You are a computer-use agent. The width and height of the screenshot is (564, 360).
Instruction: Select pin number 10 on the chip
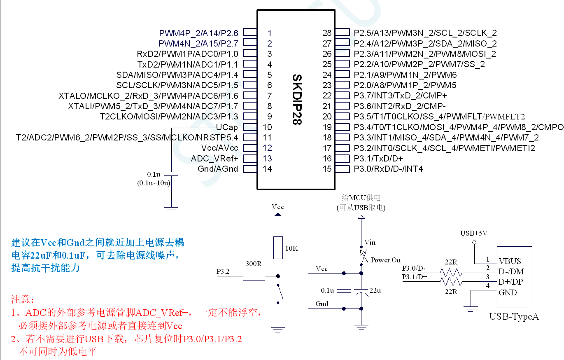point(267,127)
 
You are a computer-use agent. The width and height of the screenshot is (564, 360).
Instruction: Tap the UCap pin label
point(227,127)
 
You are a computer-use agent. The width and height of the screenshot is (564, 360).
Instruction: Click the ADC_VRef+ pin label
point(214,159)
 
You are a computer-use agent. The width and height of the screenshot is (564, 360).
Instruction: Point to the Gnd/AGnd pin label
point(218,169)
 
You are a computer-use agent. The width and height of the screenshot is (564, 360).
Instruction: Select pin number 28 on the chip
point(327,33)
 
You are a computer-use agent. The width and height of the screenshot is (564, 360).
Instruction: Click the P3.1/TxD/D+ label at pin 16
point(378,159)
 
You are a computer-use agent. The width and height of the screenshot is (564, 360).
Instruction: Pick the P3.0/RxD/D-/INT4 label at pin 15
point(388,169)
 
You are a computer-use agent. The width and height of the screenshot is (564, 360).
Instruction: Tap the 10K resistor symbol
point(278,248)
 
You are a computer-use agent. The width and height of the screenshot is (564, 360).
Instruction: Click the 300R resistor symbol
point(254,276)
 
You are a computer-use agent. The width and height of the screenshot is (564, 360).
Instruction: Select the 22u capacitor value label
point(375,290)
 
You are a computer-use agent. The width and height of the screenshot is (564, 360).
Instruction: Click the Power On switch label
point(385,260)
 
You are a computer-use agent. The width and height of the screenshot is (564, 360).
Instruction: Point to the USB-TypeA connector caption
point(514,316)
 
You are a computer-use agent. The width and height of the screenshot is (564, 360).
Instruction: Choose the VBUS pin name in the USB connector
point(510,261)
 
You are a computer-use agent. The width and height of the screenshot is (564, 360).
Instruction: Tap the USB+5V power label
point(474,233)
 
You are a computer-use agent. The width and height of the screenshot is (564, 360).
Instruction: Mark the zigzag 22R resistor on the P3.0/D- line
point(451,272)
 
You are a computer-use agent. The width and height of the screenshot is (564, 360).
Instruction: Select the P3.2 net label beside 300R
point(223,272)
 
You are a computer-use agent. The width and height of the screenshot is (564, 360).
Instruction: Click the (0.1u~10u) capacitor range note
point(154,183)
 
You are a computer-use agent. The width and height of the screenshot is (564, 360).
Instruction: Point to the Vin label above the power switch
point(370,242)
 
